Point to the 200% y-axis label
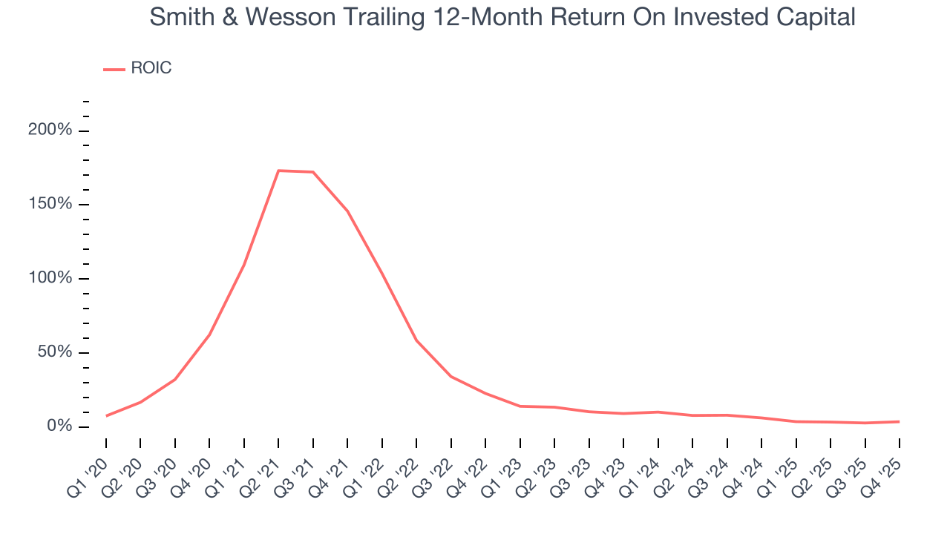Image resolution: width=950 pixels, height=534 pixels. point(50,131)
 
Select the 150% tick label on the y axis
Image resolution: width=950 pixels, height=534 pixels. point(50,204)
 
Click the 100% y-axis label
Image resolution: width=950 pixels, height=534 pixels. point(50,278)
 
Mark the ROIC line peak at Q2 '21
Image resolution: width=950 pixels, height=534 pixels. point(278,171)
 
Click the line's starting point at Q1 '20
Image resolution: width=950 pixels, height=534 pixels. point(106,416)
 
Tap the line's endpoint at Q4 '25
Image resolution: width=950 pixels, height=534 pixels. point(900,421)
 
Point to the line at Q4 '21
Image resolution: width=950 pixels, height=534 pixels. point(347,211)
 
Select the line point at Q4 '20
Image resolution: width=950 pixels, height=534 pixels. point(209,335)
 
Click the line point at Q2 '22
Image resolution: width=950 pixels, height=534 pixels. point(416,340)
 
